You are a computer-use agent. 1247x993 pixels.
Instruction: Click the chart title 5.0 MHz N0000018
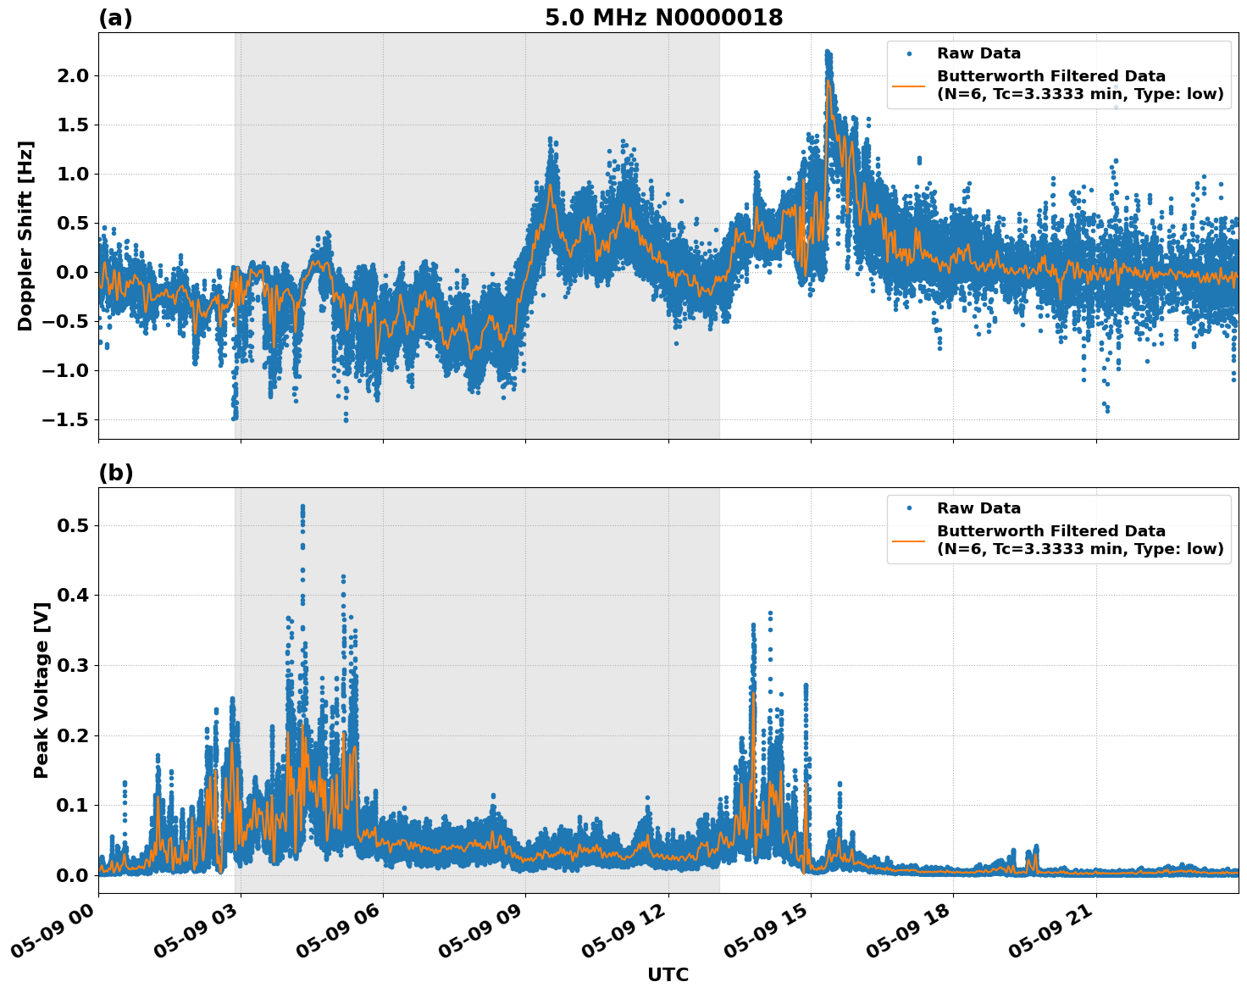tap(663, 18)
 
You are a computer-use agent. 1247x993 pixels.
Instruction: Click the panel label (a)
tap(115, 18)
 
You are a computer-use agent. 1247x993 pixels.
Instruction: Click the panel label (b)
tap(115, 473)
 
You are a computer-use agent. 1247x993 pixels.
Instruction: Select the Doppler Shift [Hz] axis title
tap(25, 236)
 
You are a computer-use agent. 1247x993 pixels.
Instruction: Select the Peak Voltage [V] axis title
tap(41, 690)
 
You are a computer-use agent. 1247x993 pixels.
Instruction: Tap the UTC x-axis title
tap(668, 974)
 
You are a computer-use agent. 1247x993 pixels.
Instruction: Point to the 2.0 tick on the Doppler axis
tap(71, 76)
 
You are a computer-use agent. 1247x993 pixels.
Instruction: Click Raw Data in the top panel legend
tap(978, 53)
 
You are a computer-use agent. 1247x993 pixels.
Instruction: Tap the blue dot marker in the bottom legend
tap(909, 508)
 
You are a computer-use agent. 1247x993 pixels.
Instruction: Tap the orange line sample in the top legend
tap(909, 85)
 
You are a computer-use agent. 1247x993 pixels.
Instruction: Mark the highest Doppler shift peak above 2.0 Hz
tap(828, 53)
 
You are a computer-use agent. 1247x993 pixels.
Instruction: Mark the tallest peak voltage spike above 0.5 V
tap(302, 507)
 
